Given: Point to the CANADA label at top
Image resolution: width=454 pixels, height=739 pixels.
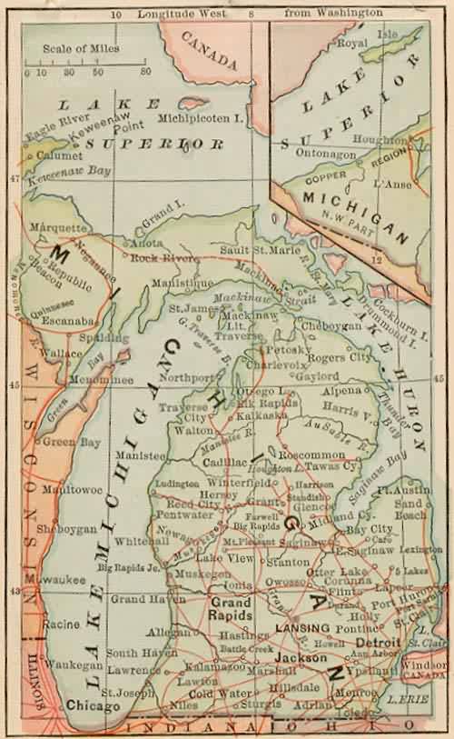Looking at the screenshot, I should pyautogui.click(x=209, y=50).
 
